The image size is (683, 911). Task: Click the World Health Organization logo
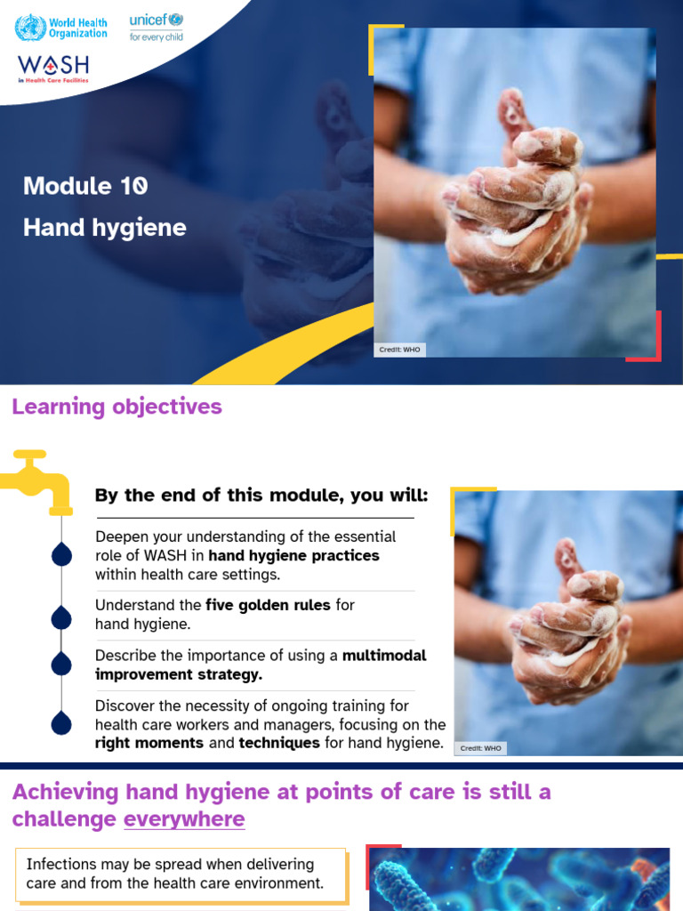click(61, 28)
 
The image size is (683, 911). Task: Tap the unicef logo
click(157, 28)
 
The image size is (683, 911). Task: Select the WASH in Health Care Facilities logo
click(53, 69)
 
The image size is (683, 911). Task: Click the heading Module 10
click(85, 186)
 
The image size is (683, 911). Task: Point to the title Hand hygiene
click(105, 227)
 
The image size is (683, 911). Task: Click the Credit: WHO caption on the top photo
click(399, 350)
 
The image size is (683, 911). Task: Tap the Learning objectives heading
click(117, 406)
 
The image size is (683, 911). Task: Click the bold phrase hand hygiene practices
click(293, 555)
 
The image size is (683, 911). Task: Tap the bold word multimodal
click(384, 656)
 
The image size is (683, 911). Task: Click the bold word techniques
click(279, 743)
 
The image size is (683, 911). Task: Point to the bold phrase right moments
click(149, 743)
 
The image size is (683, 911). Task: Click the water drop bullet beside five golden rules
click(61, 617)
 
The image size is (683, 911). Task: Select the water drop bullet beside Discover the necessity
click(61, 722)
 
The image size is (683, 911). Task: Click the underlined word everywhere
click(184, 819)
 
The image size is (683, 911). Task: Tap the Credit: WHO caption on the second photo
click(480, 748)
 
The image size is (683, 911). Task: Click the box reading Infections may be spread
click(181, 875)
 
